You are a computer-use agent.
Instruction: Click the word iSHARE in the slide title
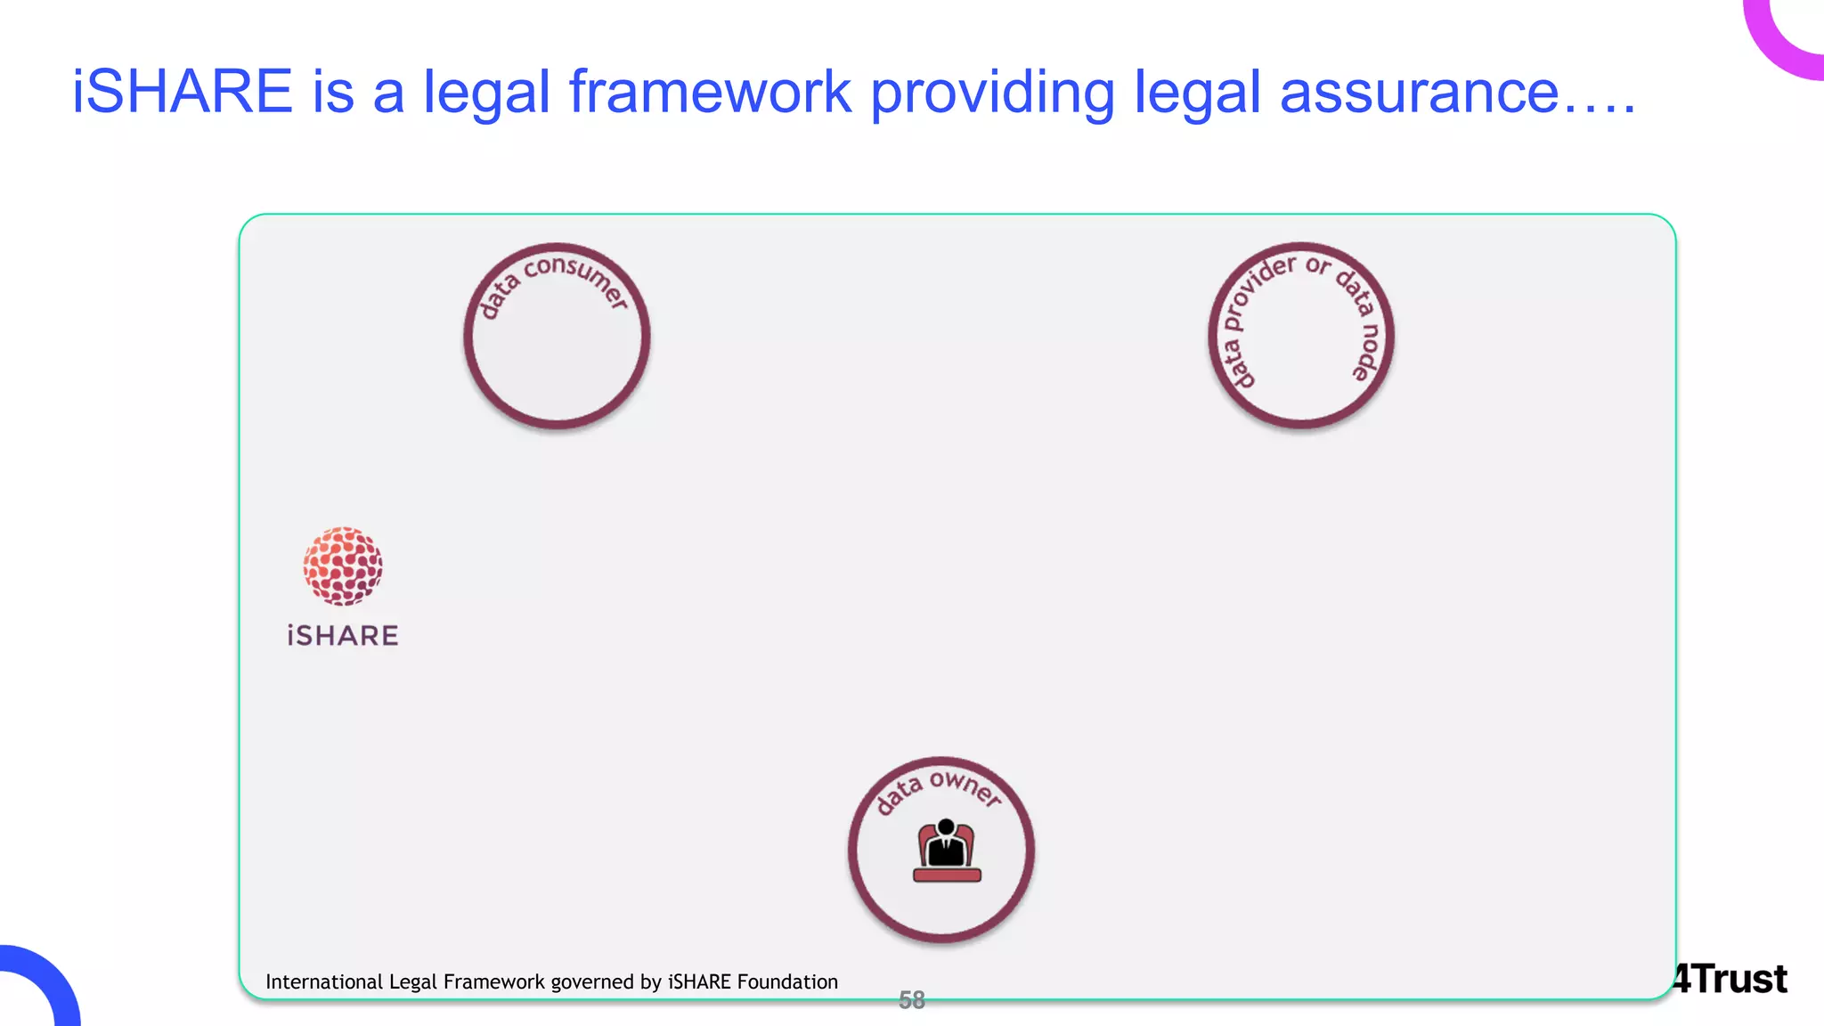click(182, 92)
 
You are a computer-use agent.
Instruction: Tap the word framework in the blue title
click(710, 92)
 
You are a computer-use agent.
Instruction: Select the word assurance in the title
click(1419, 92)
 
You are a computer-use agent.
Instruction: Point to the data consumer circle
click(557, 337)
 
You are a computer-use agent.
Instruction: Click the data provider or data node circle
click(1300, 337)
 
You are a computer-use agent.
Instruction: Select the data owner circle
click(941, 850)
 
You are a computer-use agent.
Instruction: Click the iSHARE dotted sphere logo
click(343, 566)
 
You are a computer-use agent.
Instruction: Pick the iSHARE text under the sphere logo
click(343, 636)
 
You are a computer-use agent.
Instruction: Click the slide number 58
click(912, 1000)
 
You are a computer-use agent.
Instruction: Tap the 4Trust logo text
click(1730, 980)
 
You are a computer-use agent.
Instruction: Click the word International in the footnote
click(324, 981)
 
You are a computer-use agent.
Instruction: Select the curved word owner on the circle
click(965, 787)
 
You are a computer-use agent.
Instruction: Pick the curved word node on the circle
click(1368, 352)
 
